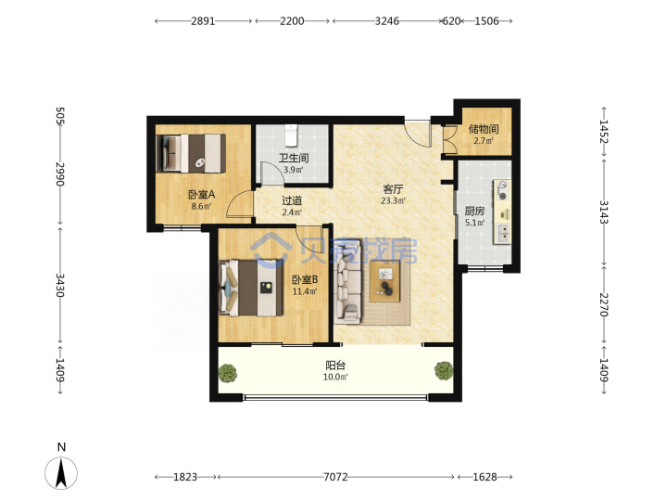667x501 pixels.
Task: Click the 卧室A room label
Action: click(x=202, y=195)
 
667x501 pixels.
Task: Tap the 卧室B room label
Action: click(x=305, y=279)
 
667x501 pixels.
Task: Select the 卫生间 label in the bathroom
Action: click(x=294, y=158)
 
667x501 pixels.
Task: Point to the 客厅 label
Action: click(x=393, y=188)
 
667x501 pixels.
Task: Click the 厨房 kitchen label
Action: click(x=474, y=211)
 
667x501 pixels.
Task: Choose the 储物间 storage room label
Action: click(x=484, y=129)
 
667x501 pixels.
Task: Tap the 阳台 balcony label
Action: click(x=335, y=366)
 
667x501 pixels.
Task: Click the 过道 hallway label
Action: click(x=292, y=200)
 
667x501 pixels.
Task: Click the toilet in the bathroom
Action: click(x=292, y=135)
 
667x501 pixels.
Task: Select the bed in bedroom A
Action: click(x=191, y=153)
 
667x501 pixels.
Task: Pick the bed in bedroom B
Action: click(x=251, y=288)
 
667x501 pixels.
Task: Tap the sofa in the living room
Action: click(x=348, y=282)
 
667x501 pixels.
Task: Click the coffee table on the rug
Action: click(x=385, y=281)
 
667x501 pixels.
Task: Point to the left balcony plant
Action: click(x=228, y=373)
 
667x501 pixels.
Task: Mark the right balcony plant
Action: click(x=444, y=370)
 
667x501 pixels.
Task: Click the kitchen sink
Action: click(x=502, y=233)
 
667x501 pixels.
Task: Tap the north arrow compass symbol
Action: click(x=61, y=473)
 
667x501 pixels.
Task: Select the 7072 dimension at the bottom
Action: click(x=335, y=477)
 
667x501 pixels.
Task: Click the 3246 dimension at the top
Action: click(x=386, y=20)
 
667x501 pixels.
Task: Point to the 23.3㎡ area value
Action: click(x=393, y=200)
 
